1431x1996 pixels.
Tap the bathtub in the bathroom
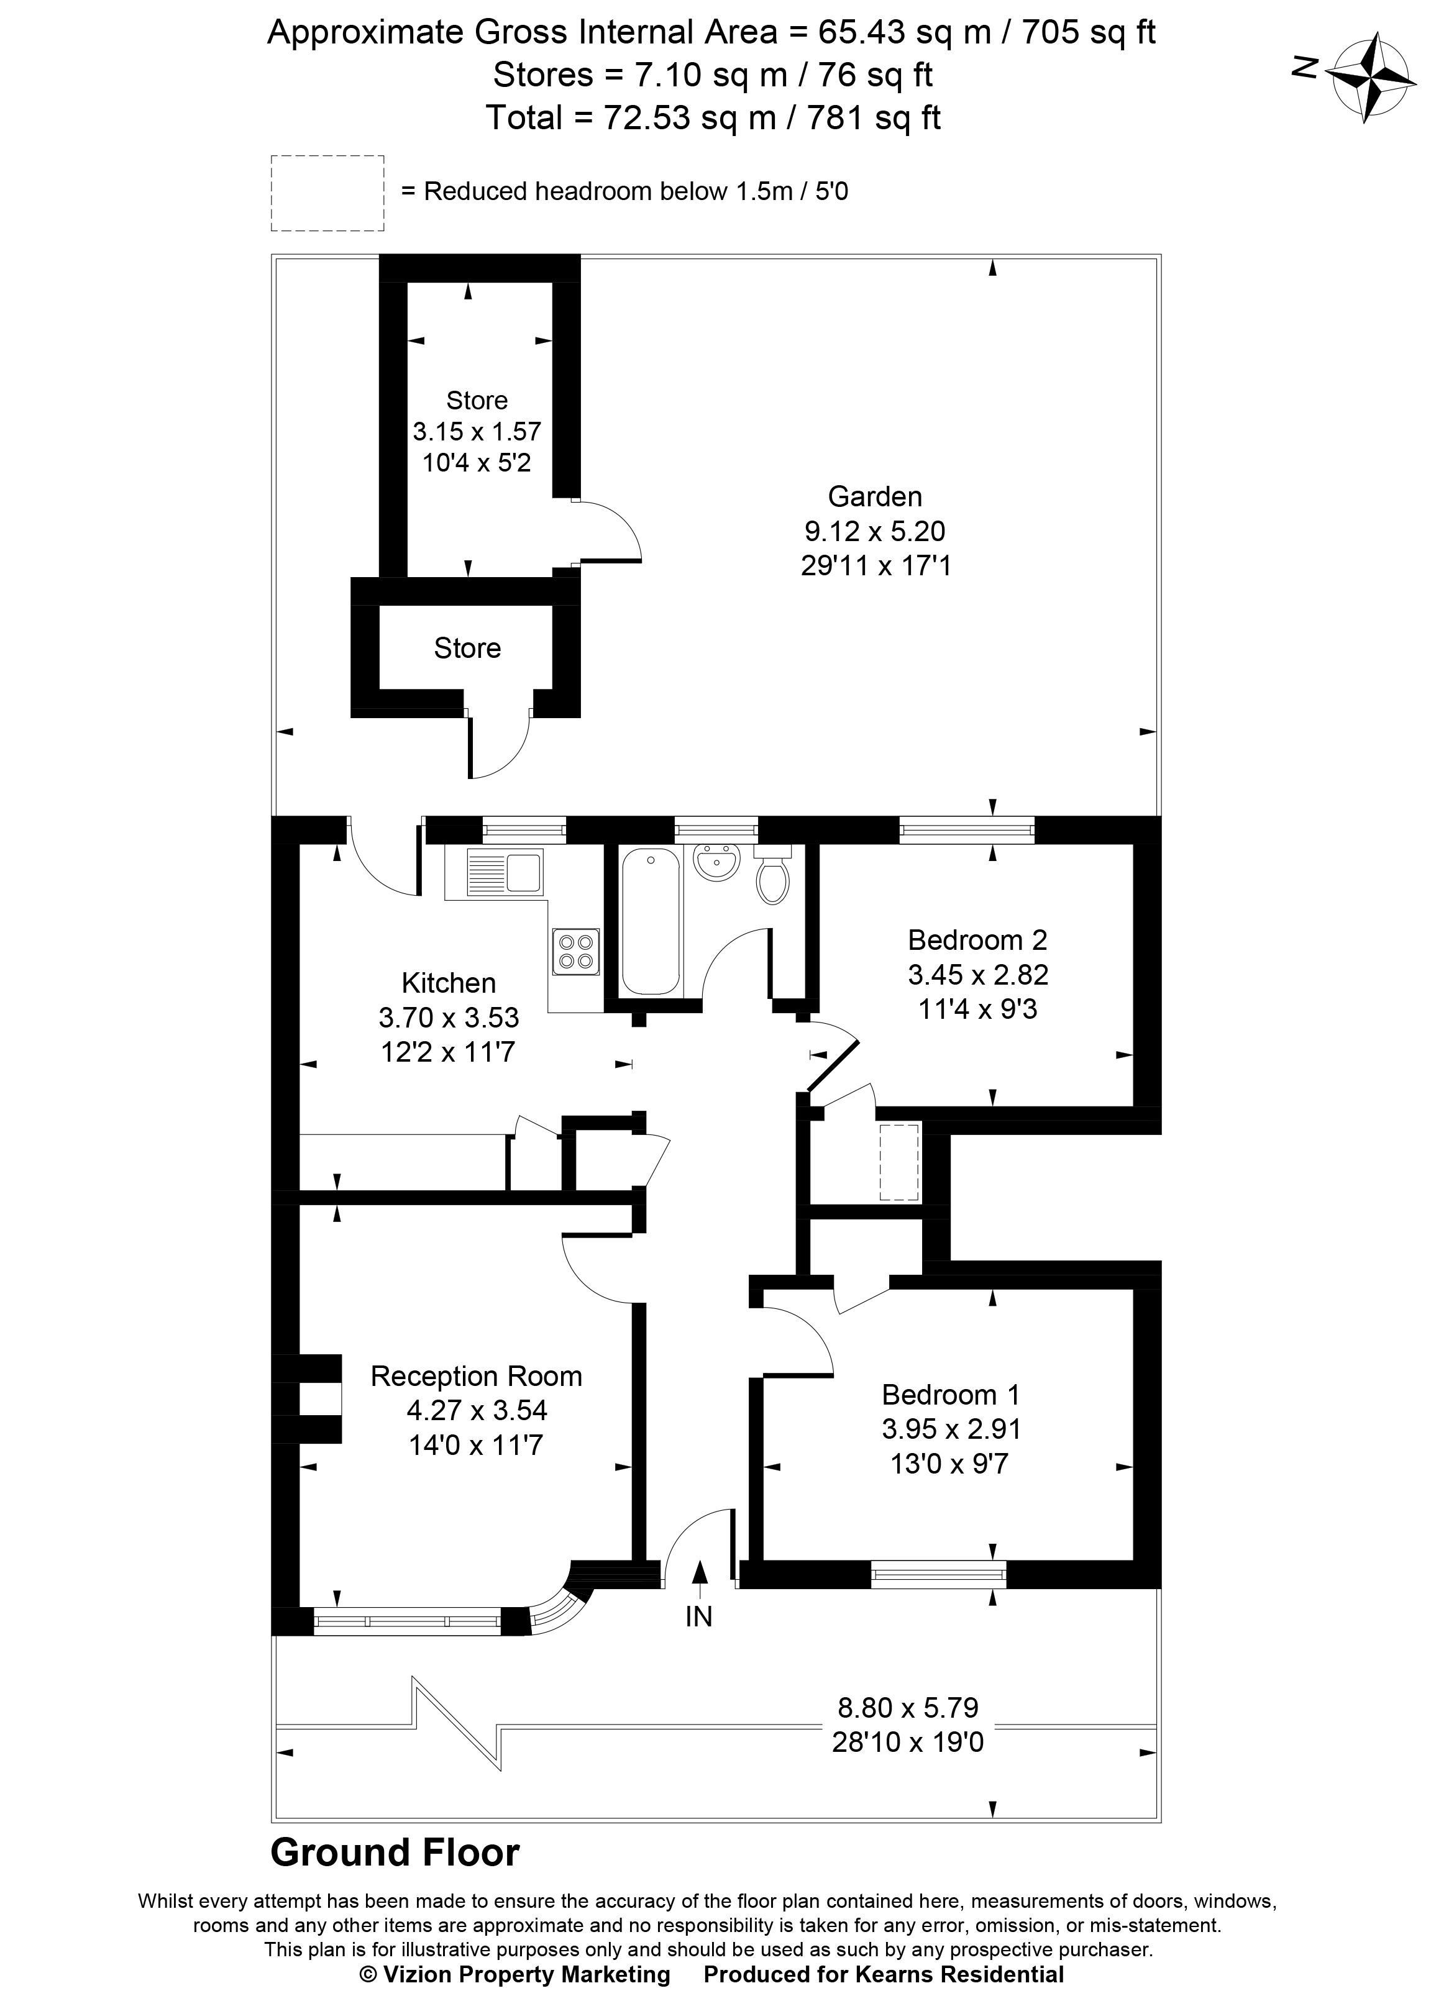click(x=651, y=921)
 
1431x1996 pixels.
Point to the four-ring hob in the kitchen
click(x=575, y=951)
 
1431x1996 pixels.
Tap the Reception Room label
click(x=476, y=1375)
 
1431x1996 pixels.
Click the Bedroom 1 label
click(x=951, y=1394)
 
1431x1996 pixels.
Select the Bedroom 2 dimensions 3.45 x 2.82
click(x=978, y=974)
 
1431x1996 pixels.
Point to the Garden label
click(x=875, y=496)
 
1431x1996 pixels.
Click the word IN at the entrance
click(x=699, y=1616)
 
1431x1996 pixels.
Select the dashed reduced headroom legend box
click(x=327, y=194)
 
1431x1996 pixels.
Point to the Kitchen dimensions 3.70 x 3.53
click(x=449, y=1018)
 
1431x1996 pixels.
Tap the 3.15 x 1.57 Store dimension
click(x=477, y=431)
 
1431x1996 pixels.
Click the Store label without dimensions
click(x=467, y=649)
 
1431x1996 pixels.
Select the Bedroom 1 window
click(x=938, y=1574)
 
